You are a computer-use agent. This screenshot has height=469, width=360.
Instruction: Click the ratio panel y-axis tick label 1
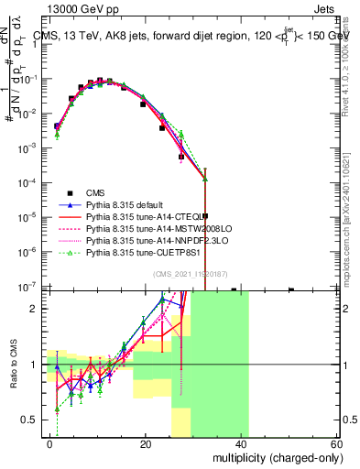point(38,365)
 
